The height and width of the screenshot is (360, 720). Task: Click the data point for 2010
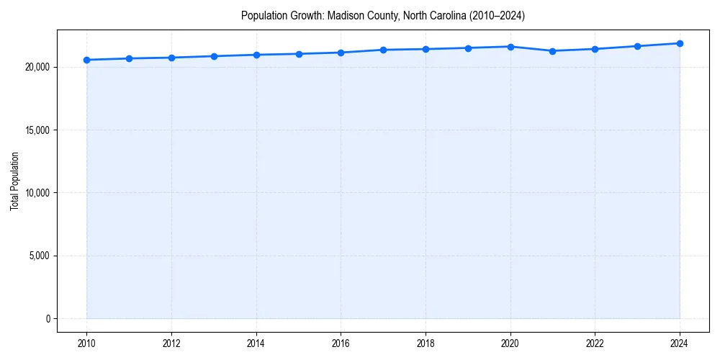pos(86,60)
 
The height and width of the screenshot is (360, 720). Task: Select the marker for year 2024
pos(680,43)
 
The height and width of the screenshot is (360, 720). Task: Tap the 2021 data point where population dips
pos(552,51)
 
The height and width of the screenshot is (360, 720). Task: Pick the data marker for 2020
pos(510,47)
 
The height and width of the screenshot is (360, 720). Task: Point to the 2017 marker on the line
pos(383,50)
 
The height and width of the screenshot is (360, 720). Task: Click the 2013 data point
pos(214,56)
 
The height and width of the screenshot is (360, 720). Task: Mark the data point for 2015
pos(299,54)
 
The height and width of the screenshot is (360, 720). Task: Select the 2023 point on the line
pos(637,46)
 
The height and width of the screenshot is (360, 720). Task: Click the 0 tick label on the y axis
pos(48,318)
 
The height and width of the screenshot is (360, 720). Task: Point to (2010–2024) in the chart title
pos(497,16)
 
